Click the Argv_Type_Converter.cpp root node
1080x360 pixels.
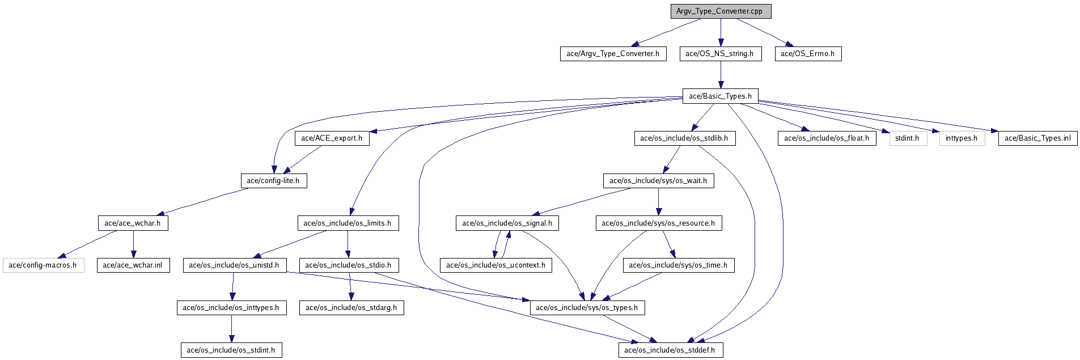[x=721, y=11]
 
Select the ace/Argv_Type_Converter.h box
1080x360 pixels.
[x=613, y=54]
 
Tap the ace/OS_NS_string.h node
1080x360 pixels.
[x=720, y=54]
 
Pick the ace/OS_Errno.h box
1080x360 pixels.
[x=808, y=54]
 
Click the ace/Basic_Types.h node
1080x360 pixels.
[x=721, y=96]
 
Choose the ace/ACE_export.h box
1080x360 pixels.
[x=332, y=138]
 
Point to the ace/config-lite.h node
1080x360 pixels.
[x=273, y=181]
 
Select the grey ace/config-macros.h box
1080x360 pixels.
[x=44, y=265]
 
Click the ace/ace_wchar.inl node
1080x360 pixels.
[x=133, y=265]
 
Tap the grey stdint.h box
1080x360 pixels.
[x=907, y=138]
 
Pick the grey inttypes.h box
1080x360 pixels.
[x=962, y=138]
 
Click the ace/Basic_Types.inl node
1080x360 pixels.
[x=1037, y=138]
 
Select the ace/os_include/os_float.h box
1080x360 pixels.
[x=827, y=138]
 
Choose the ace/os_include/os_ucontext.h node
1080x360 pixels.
[x=496, y=265]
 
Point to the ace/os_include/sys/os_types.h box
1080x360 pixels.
[x=587, y=308]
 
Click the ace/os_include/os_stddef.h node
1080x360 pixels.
[x=670, y=350]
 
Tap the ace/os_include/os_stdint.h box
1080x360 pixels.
[x=231, y=350]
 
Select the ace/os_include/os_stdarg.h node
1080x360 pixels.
[x=351, y=308]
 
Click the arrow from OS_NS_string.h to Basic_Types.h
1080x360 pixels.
[x=721, y=75]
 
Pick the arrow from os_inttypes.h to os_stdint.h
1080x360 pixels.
[x=231, y=329]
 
